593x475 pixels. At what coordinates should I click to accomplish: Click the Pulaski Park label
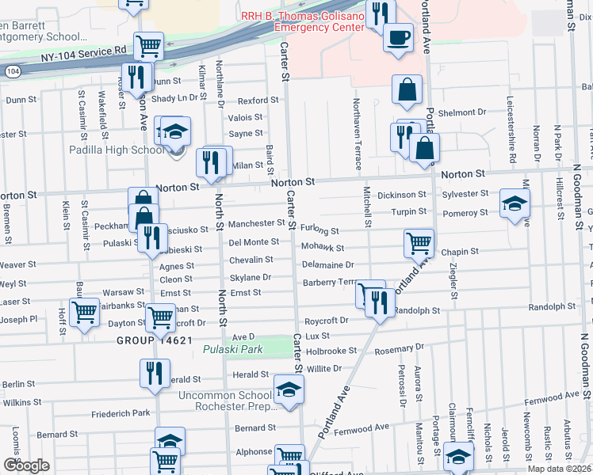click(x=232, y=349)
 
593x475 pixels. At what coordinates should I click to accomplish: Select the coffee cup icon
click(x=398, y=37)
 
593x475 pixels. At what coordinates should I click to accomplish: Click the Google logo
click(x=26, y=465)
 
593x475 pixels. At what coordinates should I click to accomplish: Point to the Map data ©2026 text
click(x=560, y=469)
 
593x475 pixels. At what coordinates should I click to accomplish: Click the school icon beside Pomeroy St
click(x=515, y=203)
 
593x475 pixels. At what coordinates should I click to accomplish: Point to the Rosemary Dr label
click(x=400, y=348)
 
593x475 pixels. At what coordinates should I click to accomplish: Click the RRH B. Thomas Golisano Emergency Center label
click(x=304, y=21)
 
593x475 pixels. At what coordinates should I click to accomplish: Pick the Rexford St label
click(x=258, y=101)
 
